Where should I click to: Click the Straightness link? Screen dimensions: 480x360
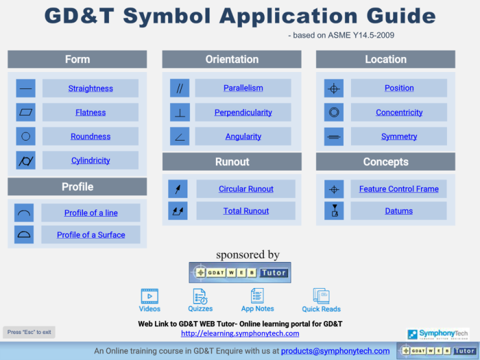point(90,88)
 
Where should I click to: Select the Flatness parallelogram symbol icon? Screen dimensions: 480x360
point(26,112)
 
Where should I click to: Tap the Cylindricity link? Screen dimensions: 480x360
point(90,160)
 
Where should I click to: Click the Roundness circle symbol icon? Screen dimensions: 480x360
point(26,136)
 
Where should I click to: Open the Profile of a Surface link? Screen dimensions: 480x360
point(91,235)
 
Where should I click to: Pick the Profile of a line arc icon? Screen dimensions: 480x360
point(24,213)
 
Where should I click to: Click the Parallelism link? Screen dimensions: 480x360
point(243,88)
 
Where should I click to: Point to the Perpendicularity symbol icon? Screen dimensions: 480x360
point(180,112)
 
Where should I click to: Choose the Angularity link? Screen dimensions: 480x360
point(243,136)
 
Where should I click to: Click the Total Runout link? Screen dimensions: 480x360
point(246,211)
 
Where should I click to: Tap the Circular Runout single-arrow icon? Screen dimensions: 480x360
point(178,189)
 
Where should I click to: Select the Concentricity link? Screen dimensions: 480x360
point(399,112)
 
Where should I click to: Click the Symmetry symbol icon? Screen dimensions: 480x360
point(333,136)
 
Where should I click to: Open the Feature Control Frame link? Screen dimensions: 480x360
point(398,189)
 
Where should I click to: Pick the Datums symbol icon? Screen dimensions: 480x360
point(334,211)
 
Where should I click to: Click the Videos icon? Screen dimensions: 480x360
point(149,296)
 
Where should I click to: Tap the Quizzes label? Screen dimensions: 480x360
point(200,309)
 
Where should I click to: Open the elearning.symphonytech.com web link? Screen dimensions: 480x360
point(240,333)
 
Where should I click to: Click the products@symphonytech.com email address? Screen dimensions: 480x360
point(335,351)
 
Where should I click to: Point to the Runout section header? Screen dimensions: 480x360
point(232,162)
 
